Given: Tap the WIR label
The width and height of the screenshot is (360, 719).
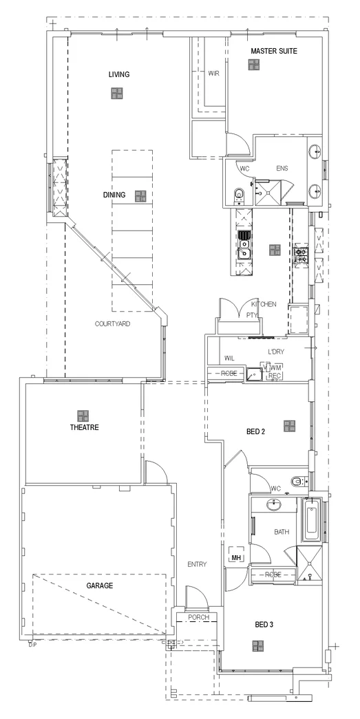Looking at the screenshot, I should coord(213,73).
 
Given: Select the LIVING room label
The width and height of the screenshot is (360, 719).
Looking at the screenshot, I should coord(119,74).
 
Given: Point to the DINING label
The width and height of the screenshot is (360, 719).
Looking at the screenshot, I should coord(114,195).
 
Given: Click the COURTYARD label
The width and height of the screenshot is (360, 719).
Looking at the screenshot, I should coord(113,323).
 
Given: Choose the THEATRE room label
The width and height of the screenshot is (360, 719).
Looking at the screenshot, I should coord(85,427).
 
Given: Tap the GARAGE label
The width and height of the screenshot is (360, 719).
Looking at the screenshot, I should coord(100,586).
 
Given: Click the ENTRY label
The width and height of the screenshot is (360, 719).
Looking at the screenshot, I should coord(197,564).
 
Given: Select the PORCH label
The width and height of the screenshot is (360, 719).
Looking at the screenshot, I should coord(198,617).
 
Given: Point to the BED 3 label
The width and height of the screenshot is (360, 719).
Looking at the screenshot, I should coord(264,625).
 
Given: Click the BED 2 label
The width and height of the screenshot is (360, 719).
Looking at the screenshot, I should coord(256,432).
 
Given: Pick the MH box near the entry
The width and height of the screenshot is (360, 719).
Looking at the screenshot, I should coord(236,557).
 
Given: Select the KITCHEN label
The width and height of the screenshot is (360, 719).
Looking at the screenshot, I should coord(264,304).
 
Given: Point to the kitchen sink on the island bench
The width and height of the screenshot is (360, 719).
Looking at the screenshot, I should coord(243,254).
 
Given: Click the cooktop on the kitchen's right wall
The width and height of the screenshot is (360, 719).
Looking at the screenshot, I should coord(301,255).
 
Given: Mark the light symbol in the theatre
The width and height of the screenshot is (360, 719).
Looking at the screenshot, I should coord(83,415).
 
